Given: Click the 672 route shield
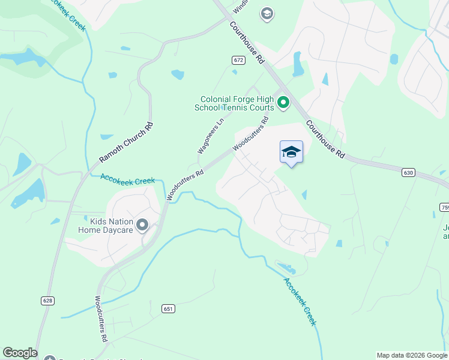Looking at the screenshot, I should pyautogui.click(x=239, y=60).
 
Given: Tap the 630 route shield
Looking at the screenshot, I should pyautogui.click(x=408, y=172).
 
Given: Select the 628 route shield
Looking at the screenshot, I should pyautogui.click(x=47, y=299).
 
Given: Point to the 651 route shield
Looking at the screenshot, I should pyautogui.click(x=168, y=308).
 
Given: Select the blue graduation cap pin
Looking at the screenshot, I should pyautogui.click(x=291, y=152).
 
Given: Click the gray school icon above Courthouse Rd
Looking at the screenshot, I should pyautogui.click(x=267, y=13).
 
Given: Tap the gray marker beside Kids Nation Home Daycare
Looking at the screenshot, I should pyautogui.click(x=142, y=225).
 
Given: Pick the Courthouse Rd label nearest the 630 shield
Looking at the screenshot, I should pyautogui.click(x=325, y=139).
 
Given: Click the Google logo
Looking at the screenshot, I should pyautogui.click(x=20, y=353).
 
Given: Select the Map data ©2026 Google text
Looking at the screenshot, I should pyautogui.click(x=412, y=355).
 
